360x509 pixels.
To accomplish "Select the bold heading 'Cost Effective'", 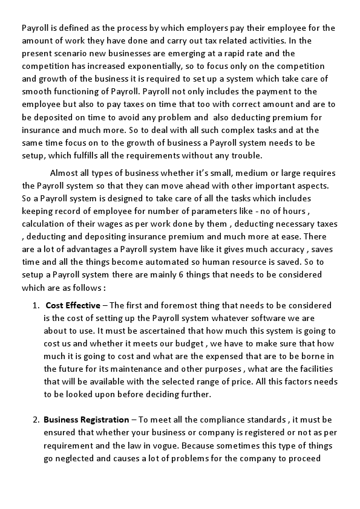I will (x=73, y=305).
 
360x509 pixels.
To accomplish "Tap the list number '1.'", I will (x=36, y=305).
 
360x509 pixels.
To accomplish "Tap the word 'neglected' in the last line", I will (x=76, y=458).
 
